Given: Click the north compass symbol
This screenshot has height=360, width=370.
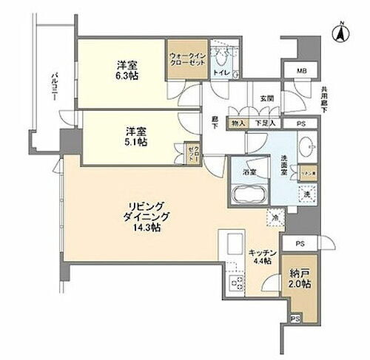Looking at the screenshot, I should (340, 31).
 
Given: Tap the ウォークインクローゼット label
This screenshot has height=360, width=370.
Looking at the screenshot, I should (186, 58).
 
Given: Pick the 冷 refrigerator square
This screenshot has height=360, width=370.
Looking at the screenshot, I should (275, 218).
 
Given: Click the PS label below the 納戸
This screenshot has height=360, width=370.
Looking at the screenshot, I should (295, 319).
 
